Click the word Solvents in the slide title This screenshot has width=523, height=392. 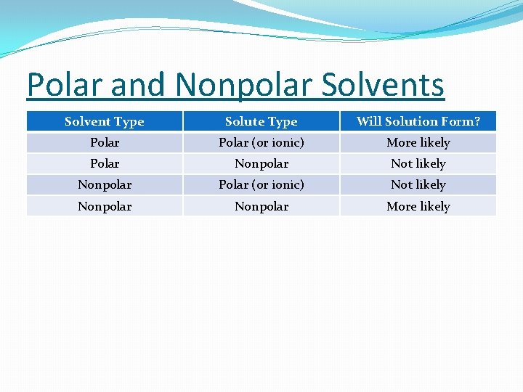point(382,85)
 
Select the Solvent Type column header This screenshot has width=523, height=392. point(105,121)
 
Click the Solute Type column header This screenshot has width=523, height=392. point(261,121)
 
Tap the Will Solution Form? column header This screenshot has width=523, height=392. point(418,121)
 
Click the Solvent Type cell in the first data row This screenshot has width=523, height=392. point(105,142)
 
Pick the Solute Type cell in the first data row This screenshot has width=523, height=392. point(261,142)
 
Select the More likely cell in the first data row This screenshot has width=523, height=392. point(418,142)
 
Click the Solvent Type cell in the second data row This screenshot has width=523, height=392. point(105,163)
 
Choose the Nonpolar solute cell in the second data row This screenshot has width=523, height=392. point(261,163)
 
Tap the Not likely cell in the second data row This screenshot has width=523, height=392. point(418,163)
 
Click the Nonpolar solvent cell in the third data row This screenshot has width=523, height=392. point(105,184)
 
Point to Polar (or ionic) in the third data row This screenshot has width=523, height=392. point(261,184)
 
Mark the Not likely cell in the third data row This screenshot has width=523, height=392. point(418,184)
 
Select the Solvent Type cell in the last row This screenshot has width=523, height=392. point(105,206)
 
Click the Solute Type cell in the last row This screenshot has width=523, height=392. point(261,206)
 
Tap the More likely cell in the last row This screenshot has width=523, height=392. point(418,206)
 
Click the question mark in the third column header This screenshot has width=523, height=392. point(477,121)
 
